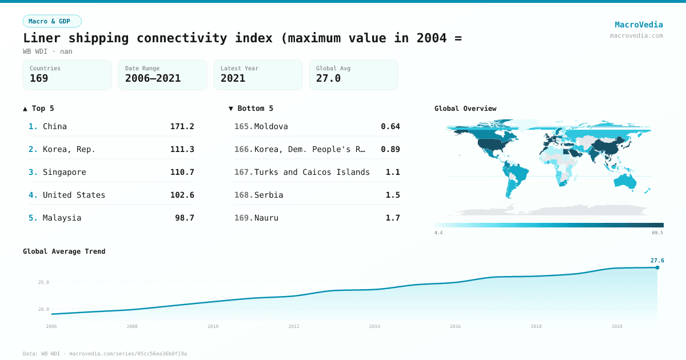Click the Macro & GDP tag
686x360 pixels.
coord(52,21)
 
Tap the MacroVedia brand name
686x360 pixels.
coord(639,25)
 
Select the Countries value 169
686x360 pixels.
coord(39,78)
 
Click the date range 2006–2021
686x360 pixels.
coord(153,78)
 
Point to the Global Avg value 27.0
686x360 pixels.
coord(328,78)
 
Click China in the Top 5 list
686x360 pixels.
coord(55,126)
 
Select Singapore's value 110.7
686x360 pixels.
coord(182,172)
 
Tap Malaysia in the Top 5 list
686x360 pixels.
coord(62,218)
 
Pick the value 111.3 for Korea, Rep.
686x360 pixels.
coord(182,149)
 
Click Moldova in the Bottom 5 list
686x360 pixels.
coord(271,126)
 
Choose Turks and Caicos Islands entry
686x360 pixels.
coord(312,172)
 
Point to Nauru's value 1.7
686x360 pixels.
coord(392,218)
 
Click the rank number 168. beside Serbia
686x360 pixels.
coord(243,195)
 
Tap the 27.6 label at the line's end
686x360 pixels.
coord(657,261)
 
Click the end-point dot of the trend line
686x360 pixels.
coord(657,267)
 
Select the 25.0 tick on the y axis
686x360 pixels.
coord(43,282)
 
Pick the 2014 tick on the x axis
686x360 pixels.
coord(374,326)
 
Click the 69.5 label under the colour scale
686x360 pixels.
coord(657,233)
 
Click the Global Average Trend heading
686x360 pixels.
coord(64,251)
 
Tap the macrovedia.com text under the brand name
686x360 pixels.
coord(636,35)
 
